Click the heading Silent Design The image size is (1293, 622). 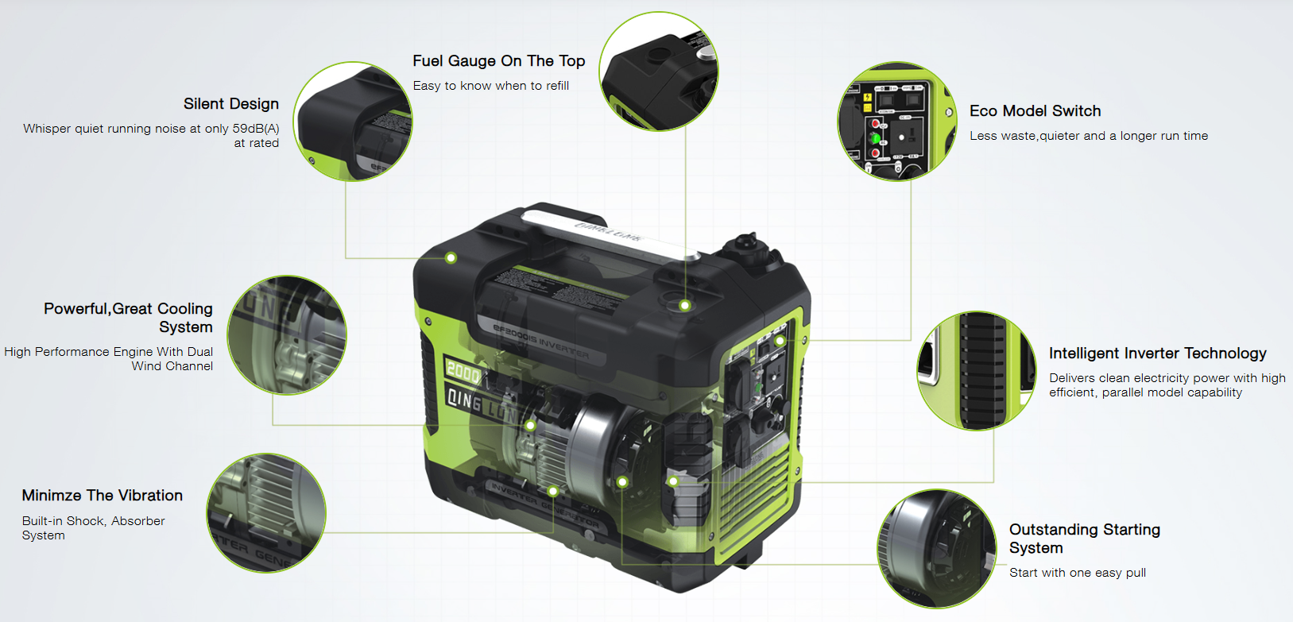pyautogui.click(x=231, y=104)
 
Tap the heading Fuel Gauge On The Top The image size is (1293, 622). pyautogui.click(x=499, y=61)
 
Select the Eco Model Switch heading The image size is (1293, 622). pyautogui.click(x=1035, y=110)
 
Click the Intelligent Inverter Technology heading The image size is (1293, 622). pyautogui.click(x=1157, y=353)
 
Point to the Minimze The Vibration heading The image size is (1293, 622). pyautogui.click(x=103, y=496)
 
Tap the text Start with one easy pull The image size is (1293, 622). pyautogui.click(x=1077, y=573)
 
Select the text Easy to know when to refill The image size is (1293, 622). pyautogui.click(x=490, y=86)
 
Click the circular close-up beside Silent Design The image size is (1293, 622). pyautogui.click(x=353, y=122)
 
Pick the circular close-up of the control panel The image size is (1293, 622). pyautogui.click(x=897, y=122)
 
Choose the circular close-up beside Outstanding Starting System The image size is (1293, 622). pyautogui.click(x=937, y=549)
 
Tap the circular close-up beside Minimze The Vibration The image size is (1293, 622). pyautogui.click(x=266, y=513)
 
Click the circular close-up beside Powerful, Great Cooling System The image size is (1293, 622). pyautogui.click(x=287, y=335)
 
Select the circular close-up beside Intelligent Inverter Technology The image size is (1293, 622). pyautogui.click(x=977, y=371)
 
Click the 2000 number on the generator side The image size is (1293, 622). pyautogui.click(x=463, y=371)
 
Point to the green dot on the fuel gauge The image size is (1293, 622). pyautogui.click(x=685, y=305)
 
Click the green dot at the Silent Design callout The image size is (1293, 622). pyautogui.click(x=451, y=258)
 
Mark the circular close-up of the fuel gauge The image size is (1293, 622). pyautogui.click(x=659, y=71)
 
